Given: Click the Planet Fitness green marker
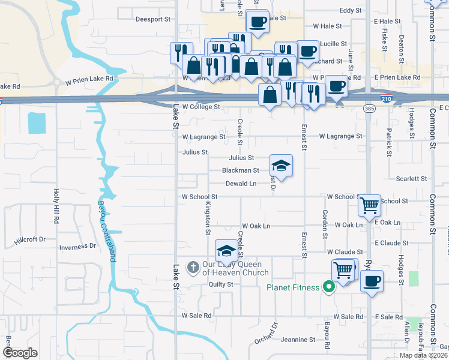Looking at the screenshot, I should click(328, 287).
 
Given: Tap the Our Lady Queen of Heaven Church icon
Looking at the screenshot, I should click(193, 266).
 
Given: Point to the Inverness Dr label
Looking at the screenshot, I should click(77, 246).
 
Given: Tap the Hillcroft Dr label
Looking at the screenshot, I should click(29, 239).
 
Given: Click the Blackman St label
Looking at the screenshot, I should click(240, 170).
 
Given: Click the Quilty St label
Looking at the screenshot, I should click(220, 284).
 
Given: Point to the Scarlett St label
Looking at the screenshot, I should click(411, 179).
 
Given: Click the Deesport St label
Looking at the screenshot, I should click(153, 19).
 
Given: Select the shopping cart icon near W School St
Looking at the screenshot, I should click(369, 205).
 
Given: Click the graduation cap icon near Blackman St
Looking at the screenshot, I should click(281, 165).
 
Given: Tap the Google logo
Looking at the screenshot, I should click(20, 353).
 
